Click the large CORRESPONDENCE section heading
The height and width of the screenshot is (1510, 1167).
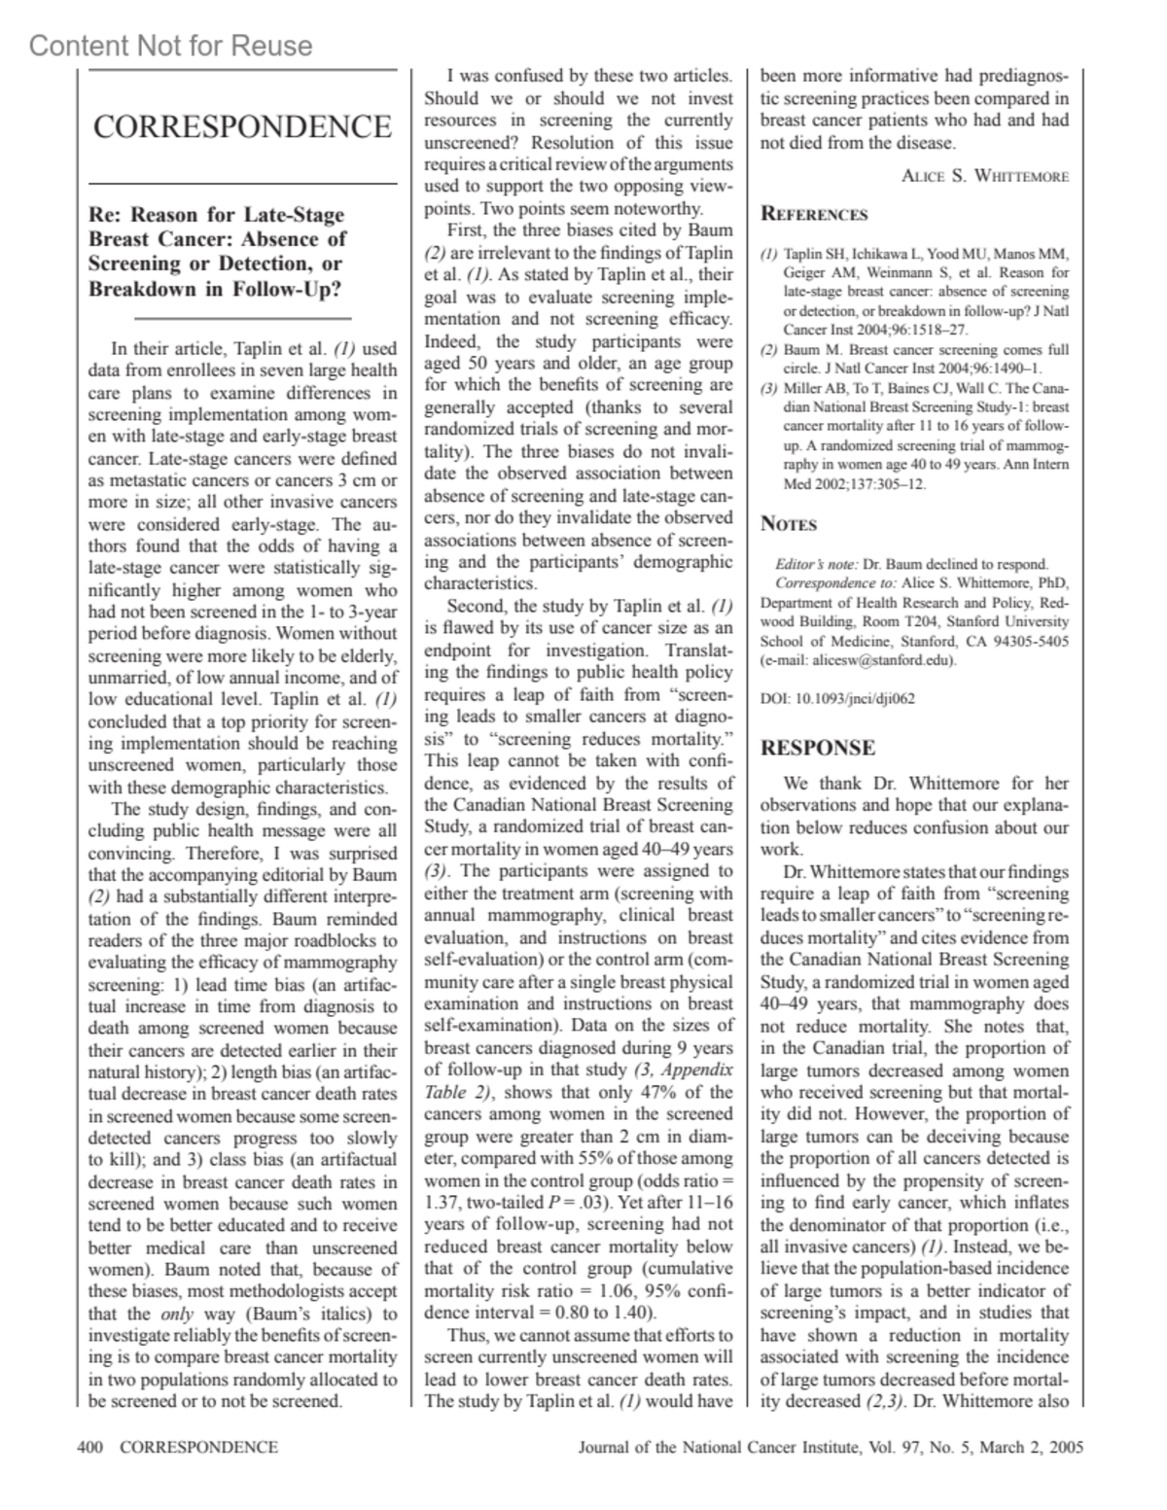click(242, 126)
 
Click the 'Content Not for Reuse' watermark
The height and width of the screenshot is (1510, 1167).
click(171, 46)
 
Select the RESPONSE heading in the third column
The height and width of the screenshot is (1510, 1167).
click(817, 748)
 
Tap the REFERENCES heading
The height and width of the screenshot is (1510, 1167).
click(813, 214)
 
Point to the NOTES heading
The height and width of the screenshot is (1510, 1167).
click(788, 524)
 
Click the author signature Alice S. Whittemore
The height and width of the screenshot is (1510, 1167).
click(985, 176)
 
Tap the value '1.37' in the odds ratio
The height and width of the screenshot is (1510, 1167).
click(442, 1203)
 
